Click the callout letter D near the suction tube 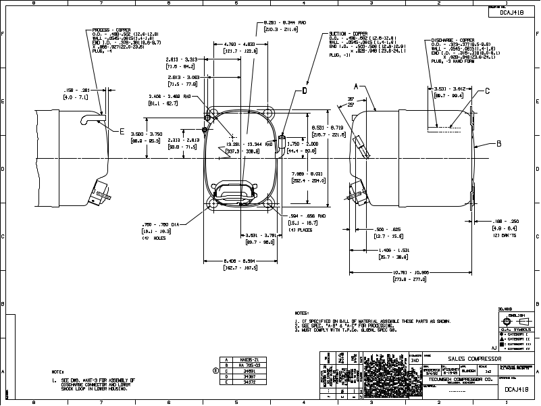[305, 90]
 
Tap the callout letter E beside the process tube [122, 132]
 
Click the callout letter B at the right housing [498, 143]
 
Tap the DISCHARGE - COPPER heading [451, 41]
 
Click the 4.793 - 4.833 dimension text [238, 45]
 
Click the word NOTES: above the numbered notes [302, 313]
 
